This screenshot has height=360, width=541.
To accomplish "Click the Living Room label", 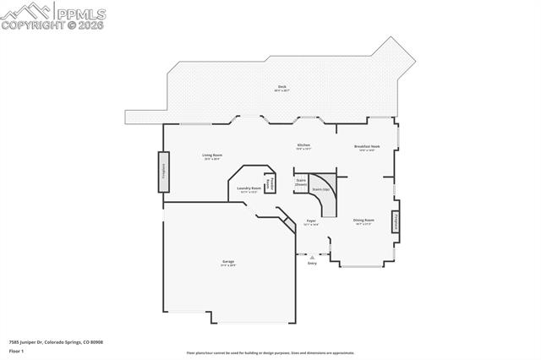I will coord(211,155).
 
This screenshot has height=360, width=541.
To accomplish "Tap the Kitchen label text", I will coord(303,145).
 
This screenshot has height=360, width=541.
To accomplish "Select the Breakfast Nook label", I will coord(367,146).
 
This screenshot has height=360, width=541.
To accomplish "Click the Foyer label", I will coord(311,221).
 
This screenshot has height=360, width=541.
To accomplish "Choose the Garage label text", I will coord(228,262).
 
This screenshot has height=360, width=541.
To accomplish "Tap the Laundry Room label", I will coord(249,189).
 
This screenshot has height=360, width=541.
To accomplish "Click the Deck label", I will coord(281,88).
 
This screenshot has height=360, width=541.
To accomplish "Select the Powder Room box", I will coord(270,183).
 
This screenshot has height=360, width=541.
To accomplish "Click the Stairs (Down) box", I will coord(300,182).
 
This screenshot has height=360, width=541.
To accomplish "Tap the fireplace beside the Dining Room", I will coord(395,221).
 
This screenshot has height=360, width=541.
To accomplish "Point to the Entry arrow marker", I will coord(312,257).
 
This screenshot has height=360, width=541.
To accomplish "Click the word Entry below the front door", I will coord(312,264).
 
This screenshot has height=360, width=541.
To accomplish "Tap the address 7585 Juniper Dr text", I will coord(56,341).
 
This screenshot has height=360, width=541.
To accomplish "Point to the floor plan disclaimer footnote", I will coord(270,353).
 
